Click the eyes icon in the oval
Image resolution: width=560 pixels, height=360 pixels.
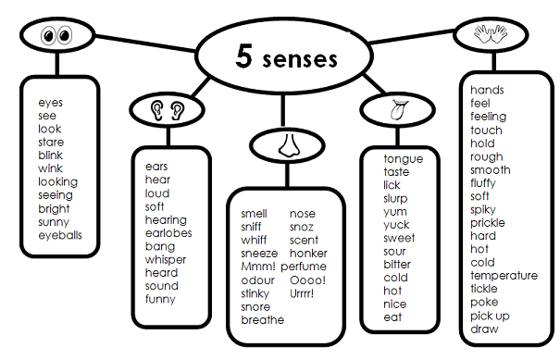(x=56, y=37)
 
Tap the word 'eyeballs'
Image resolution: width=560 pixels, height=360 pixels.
(x=60, y=235)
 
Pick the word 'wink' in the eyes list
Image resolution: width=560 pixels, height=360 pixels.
(x=51, y=168)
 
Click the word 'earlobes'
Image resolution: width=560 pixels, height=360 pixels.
(x=168, y=233)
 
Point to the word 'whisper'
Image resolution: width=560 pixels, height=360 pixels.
(x=166, y=260)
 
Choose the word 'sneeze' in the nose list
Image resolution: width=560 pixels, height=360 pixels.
(x=259, y=254)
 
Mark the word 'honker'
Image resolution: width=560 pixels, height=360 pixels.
(x=308, y=254)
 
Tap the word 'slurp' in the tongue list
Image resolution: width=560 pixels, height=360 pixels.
(x=397, y=198)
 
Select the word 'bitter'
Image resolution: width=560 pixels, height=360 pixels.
(x=397, y=265)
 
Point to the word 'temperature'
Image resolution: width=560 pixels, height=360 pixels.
(x=504, y=276)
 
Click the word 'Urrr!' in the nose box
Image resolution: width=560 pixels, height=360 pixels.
(x=303, y=293)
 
